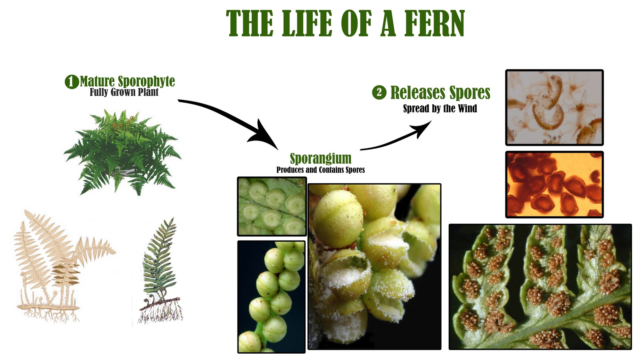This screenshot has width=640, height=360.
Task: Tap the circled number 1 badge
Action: coord(71,82)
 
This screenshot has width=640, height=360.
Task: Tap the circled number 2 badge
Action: coord(379,92)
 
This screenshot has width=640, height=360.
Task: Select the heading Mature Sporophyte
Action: coord(127,81)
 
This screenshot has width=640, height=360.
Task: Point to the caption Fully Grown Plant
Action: coord(124,92)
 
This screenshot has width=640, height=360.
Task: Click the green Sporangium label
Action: coord(320,158)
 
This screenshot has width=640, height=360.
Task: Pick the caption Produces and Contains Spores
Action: coord(320,170)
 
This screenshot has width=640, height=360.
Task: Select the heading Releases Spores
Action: coord(440,92)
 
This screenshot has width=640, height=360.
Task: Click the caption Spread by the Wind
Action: coord(440,109)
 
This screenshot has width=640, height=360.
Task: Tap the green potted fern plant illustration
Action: coord(122,152)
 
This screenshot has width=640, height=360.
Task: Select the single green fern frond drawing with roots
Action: coord(160,272)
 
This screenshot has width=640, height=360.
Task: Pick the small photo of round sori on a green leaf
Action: coord(272,206)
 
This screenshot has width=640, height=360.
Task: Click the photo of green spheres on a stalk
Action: coord(271,297)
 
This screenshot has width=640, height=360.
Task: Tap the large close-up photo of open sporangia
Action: coord(374,266)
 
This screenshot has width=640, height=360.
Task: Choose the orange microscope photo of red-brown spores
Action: coord(554,184)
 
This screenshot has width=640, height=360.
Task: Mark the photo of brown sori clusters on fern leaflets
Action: coord(540,286)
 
